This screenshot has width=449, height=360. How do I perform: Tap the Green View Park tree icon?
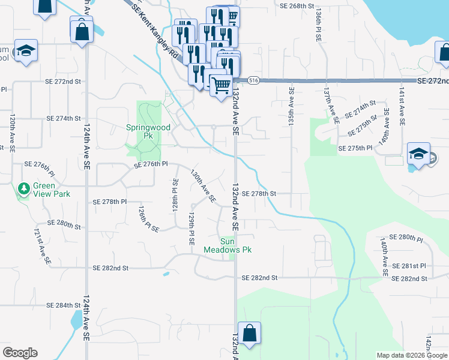pos(24,188)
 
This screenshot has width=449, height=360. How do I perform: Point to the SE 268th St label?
pos(297,5)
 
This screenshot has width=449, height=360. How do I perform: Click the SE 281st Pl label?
pos(409,266)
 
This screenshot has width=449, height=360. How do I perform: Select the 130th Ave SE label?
pos(202,186)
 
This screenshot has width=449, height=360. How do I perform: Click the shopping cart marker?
pos(221,85)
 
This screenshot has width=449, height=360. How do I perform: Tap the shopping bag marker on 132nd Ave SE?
pos(249,334)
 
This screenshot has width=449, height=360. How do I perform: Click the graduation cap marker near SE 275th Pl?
pos(418,154)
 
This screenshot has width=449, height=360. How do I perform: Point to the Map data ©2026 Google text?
pos(412,355)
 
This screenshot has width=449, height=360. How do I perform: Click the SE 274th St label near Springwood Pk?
pos(64,118)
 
